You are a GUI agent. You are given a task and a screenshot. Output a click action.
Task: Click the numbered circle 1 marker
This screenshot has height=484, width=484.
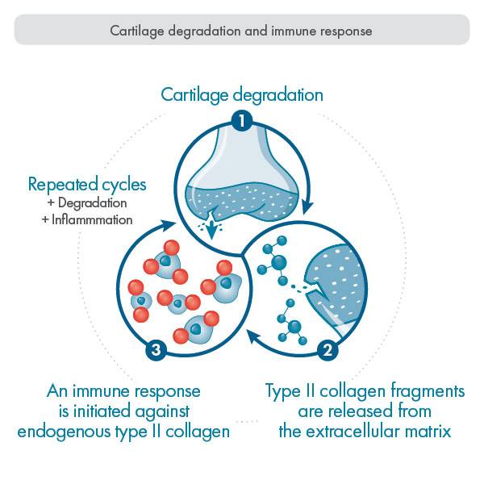[x=241, y=122]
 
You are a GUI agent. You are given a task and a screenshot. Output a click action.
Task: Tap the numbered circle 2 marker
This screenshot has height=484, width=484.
[x=328, y=349]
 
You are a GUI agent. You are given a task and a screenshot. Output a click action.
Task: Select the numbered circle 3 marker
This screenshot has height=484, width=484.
[x=156, y=349]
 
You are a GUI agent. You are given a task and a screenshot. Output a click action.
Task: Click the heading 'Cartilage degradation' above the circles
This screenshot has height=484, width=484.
[x=242, y=94]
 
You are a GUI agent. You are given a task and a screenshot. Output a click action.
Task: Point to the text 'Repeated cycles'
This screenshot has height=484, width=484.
[x=81, y=183]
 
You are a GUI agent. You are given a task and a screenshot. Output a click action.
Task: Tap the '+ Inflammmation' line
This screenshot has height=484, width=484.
[x=90, y=219]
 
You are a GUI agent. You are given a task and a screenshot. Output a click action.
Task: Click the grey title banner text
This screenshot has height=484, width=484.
[x=242, y=32]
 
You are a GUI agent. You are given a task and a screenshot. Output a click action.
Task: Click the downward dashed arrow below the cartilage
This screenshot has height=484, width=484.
[x=211, y=228]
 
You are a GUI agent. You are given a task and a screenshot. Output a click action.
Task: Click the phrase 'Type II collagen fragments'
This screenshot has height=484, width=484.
[x=365, y=391]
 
